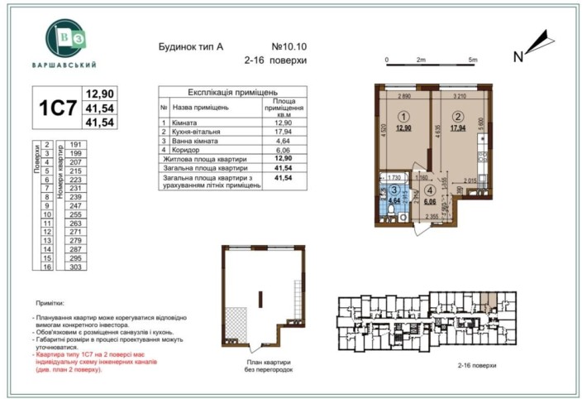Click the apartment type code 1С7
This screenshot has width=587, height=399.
tap(58, 108)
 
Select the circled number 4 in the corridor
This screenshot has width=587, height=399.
tap(429, 187)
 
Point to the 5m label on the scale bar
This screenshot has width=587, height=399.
tap(472, 60)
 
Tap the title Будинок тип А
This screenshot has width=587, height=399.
tap(190, 47)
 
